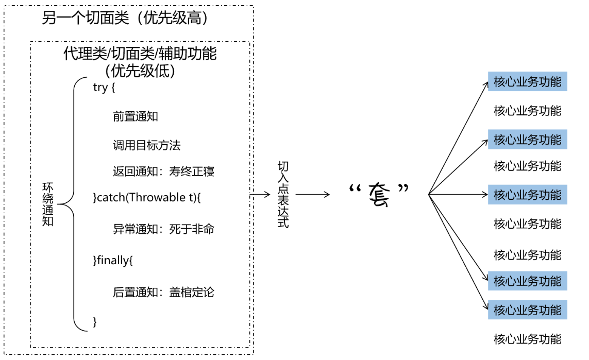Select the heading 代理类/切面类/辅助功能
140,54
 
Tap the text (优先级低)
140,71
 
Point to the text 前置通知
136,116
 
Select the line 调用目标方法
147,145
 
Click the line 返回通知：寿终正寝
163,172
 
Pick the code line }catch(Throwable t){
146,198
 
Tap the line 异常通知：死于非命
163,229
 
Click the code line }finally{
113,261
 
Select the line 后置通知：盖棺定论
163,293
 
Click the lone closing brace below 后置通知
95,322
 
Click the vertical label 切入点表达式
283,194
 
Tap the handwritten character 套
378,195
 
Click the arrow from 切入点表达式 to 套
313,195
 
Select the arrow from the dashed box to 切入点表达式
261,195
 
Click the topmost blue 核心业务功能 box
527,82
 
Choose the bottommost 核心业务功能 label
527,339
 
